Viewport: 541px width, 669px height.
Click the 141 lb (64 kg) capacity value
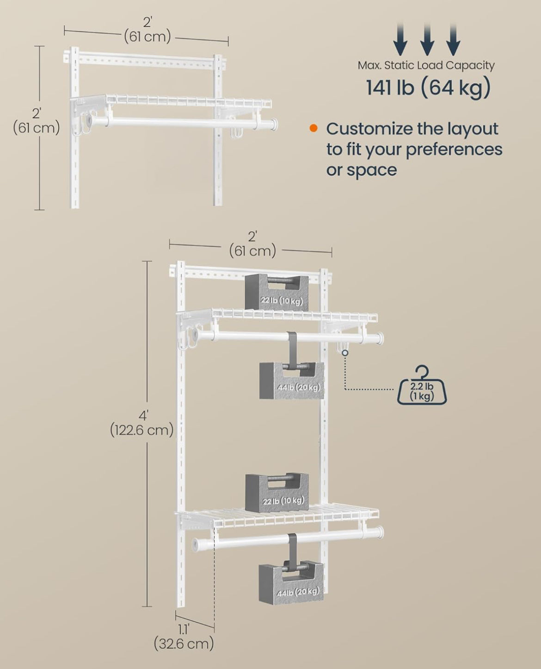428,88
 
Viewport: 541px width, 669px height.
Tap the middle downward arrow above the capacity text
427,39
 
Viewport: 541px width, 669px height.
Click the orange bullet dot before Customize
314,128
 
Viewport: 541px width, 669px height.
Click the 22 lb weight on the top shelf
277,292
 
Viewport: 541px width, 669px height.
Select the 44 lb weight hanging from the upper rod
291,381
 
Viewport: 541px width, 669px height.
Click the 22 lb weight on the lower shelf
277,492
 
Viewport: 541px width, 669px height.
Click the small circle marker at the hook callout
345,353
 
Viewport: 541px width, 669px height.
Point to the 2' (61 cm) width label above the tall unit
253,244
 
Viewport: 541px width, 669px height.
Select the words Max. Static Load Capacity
426,65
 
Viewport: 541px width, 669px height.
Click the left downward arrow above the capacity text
400,39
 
